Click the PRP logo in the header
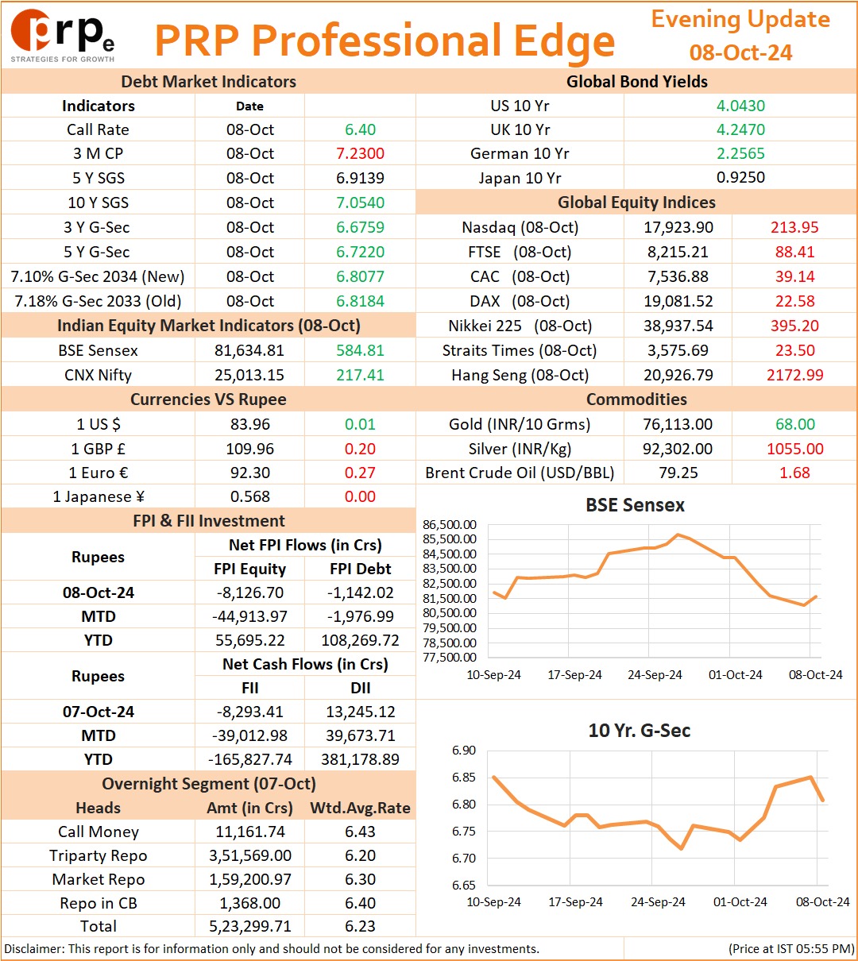pyautogui.click(x=63, y=36)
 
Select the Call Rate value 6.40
pyautogui.click(x=360, y=129)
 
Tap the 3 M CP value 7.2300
pyautogui.click(x=360, y=154)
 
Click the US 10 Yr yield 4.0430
pyautogui.click(x=740, y=106)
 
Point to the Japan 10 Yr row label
pyautogui.click(x=520, y=178)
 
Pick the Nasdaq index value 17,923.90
pyautogui.click(x=678, y=227)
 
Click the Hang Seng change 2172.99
pyautogui.click(x=795, y=375)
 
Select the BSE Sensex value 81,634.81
pyautogui.click(x=249, y=350)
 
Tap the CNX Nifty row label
pyautogui.click(x=99, y=375)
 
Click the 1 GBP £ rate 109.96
pyautogui.click(x=250, y=449)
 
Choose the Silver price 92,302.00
pyautogui.click(x=678, y=449)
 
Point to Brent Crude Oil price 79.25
pyautogui.click(x=678, y=473)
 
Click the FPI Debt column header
pyautogui.click(x=360, y=569)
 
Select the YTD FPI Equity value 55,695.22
pyautogui.click(x=250, y=640)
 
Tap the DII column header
pyautogui.click(x=360, y=688)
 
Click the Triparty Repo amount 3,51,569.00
pyautogui.click(x=250, y=855)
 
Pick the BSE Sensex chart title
pyautogui.click(x=635, y=505)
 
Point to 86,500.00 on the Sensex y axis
pyautogui.click(x=449, y=525)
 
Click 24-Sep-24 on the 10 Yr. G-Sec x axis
pyautogui.click(x=658, y=901)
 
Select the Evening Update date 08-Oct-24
pyautogui.click(x=740, y=52)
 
